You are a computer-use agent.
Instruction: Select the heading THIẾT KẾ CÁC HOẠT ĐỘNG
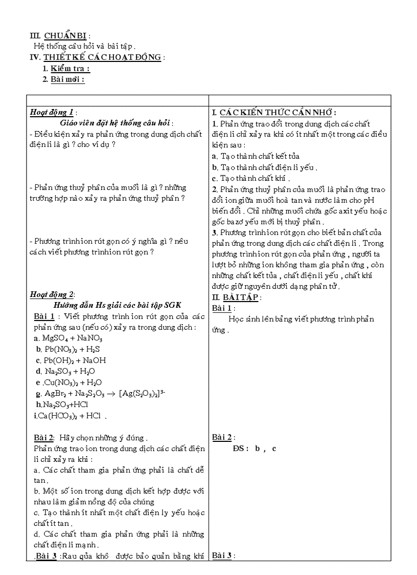(x=102, y=57)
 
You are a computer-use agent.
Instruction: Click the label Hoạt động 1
(x=52, y=113)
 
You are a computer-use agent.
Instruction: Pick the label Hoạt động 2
(x=52, y=294)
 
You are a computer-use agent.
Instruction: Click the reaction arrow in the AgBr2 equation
(x=111, y=393)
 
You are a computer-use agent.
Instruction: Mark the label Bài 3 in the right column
(x=222, y=556)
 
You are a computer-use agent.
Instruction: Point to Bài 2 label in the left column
(x=44, y=438)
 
